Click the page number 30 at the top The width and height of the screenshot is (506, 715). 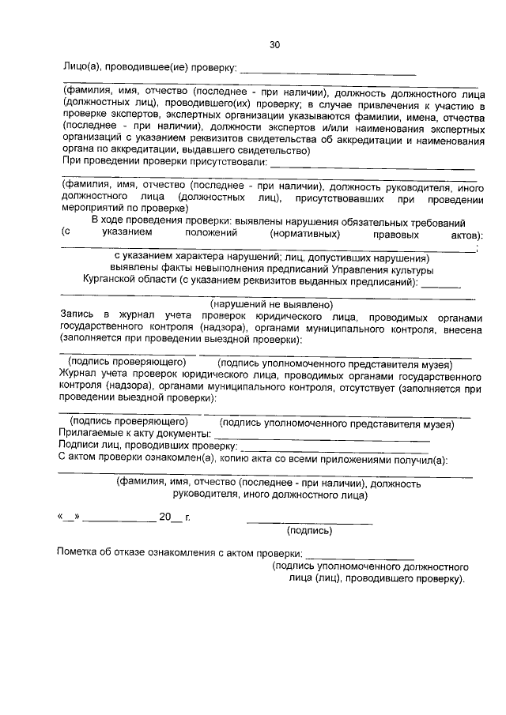click(274, 45)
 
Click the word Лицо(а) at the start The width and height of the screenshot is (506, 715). click(84, 67)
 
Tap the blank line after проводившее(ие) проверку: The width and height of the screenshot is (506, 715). click(327, 71)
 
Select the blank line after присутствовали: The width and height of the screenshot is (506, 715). click(372, 167)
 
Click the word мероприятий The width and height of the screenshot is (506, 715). click(91, 209)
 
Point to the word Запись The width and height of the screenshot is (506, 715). click(78, 314)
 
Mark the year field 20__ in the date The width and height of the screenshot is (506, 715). click(169, 517)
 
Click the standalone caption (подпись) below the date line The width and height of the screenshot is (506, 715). click(309, 531)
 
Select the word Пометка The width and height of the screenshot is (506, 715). click(81, 552)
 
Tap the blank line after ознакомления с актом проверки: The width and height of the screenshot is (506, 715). click(360, 556)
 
